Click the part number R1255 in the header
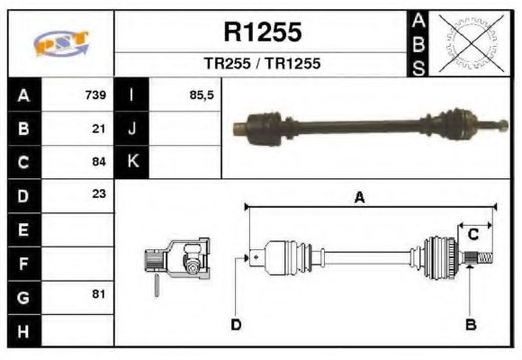pyautogui.click(x=262, y=33)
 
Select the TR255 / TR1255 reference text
pyautogui.click(x=262, y=64)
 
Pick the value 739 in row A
pyautogui.click(x=95, y=95)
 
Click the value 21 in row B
pyautogui.click(x=100, y=129)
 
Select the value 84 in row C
pyautogui.click(x=100, y=162)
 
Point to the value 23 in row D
pyautogui.click(x=100, y=194)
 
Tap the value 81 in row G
pyautogui.click(x=100, y=294)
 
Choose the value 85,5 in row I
pyautogui.click(x=202, y=95)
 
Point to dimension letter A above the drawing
pyautogui.click(x=359, y=198)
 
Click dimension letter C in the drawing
pyautogui.click(x=472, y=235)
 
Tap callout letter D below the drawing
pyautogui.click(x=236, y=323)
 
